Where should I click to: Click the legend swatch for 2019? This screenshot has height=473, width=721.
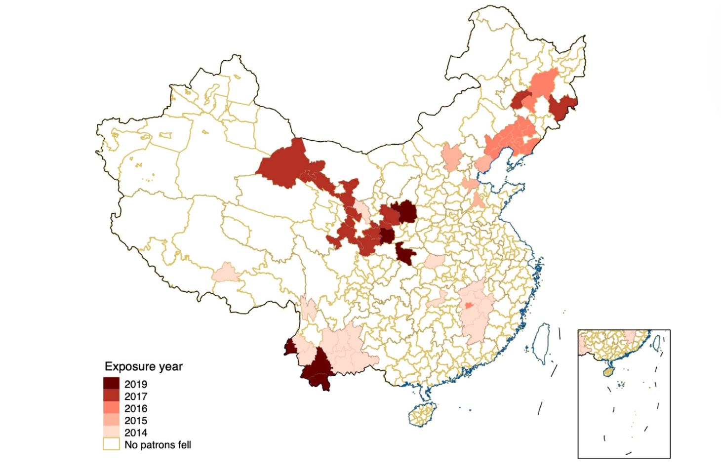pyautogui.click(x=111, y=384)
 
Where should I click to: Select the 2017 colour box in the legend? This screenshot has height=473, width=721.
pyautogui.click(x=111, y=396)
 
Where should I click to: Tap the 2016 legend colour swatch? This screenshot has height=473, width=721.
pyautogui.click(x=111, y=408)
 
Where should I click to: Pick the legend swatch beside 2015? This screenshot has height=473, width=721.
pyautogui.click(x=111, y=420)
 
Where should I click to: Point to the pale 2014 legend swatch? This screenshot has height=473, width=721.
pyautogui.click(x=111, y=433)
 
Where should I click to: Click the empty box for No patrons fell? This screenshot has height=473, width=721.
pyautogui.click(x=111, y=444)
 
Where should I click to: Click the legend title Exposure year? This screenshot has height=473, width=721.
pyautogui.click(x=143, y=366)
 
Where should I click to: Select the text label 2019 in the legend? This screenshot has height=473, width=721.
pyautogui.click(x=136, y=384)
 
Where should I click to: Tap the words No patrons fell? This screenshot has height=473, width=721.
pyautogui.click(x=158, y=445)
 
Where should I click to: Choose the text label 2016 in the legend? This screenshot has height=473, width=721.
pyautogui.click(x=136, y=408)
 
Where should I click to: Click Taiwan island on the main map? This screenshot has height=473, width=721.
pyautogui.click(x=542, y=342)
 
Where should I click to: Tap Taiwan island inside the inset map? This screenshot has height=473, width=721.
pyautogui.click(x=657, y=343)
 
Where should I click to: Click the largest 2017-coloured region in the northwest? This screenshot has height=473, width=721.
pyautogui.click(x=281, y=165)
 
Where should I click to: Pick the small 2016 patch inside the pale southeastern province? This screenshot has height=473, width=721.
pyautogui.click(x=468, y=306)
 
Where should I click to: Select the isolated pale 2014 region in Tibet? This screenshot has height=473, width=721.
pyautogui.click(x=226, y=273)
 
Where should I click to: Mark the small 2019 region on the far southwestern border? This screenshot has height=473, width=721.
pyautogui.click(x=290, y=347)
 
